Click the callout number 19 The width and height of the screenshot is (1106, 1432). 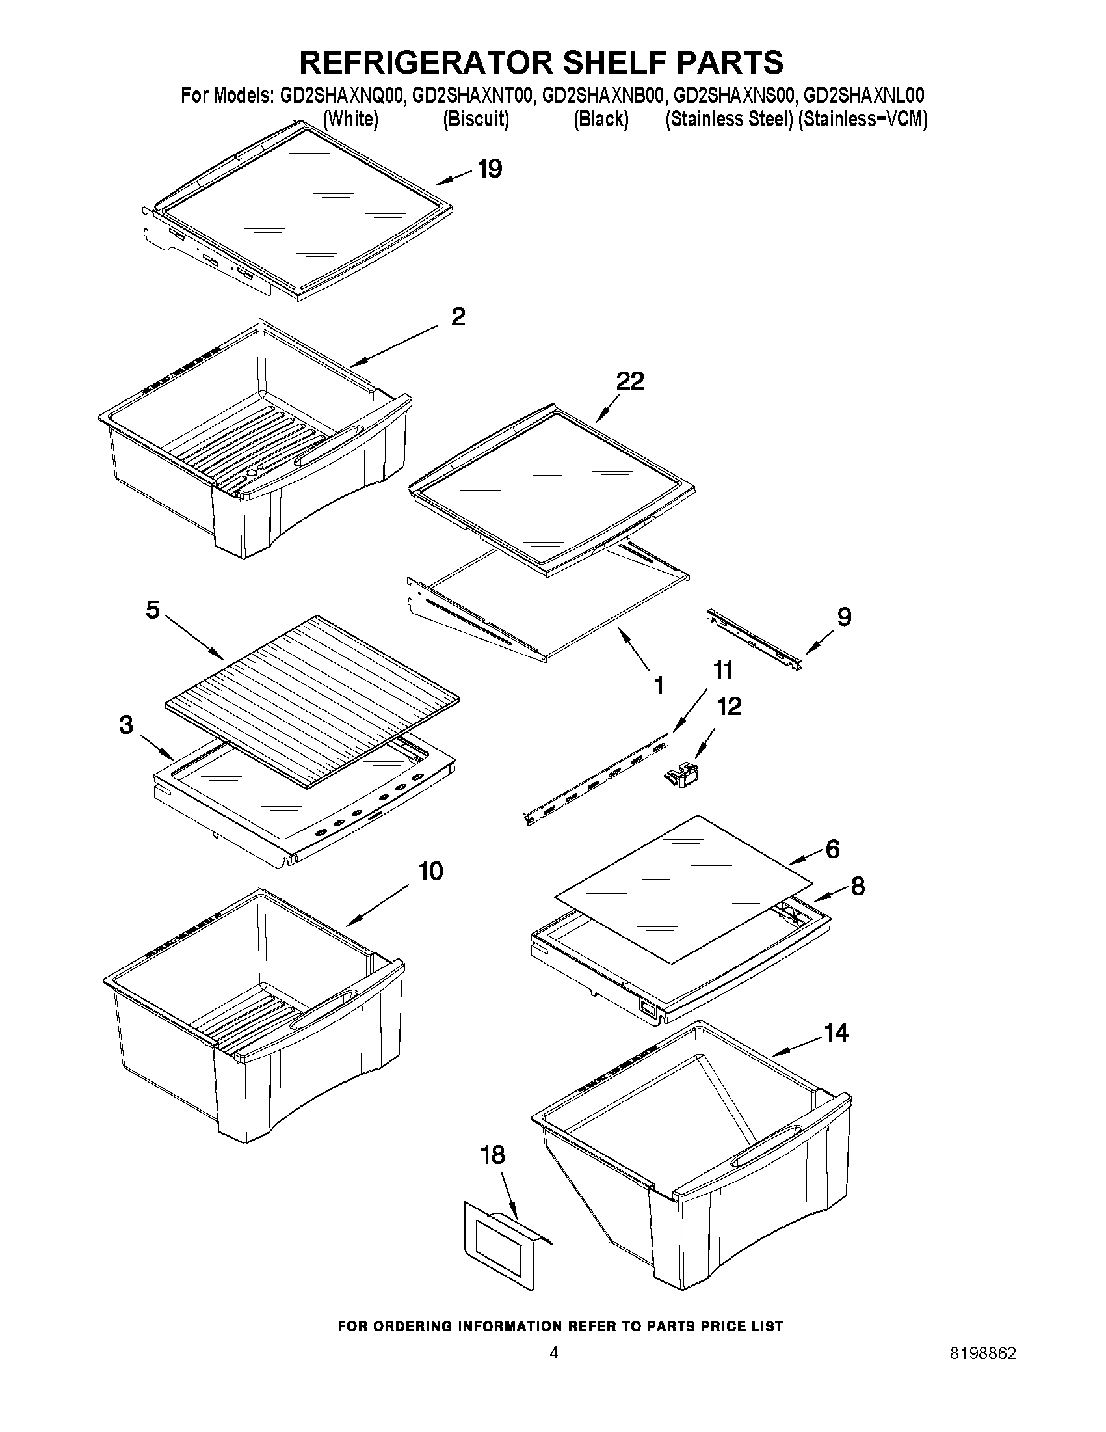[490, 169]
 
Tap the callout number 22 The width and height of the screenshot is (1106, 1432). [629, 381]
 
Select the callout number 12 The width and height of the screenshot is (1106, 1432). [729, 707]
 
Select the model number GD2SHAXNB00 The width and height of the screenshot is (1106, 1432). [603, 96]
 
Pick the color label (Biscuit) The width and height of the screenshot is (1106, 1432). [476, 119]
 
